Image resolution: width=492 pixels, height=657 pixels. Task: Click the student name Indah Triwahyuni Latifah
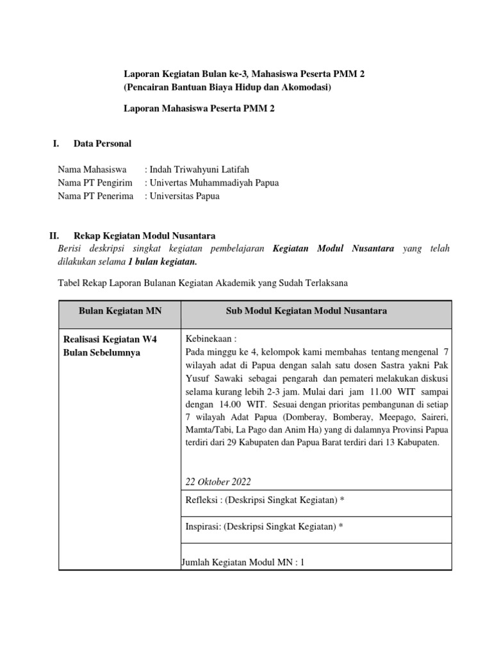pos(199,169)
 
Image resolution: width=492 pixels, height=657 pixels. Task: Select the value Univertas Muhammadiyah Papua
pos(214,183)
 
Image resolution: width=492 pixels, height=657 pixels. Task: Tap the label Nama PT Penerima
pos(95,196)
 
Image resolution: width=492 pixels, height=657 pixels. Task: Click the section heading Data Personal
pos(102,144)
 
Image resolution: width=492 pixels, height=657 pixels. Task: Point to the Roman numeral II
pos(54,236)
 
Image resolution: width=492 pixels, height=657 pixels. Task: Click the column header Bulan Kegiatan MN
pos(120,311)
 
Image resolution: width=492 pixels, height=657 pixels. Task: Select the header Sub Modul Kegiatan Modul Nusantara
pos(306,311)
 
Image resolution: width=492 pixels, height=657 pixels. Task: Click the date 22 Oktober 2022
pos(218,482)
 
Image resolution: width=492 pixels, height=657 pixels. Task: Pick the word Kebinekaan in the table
pos(209,338)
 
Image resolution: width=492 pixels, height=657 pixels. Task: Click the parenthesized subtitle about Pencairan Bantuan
pos(227,87)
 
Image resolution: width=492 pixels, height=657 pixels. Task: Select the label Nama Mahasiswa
pos(92,169)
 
